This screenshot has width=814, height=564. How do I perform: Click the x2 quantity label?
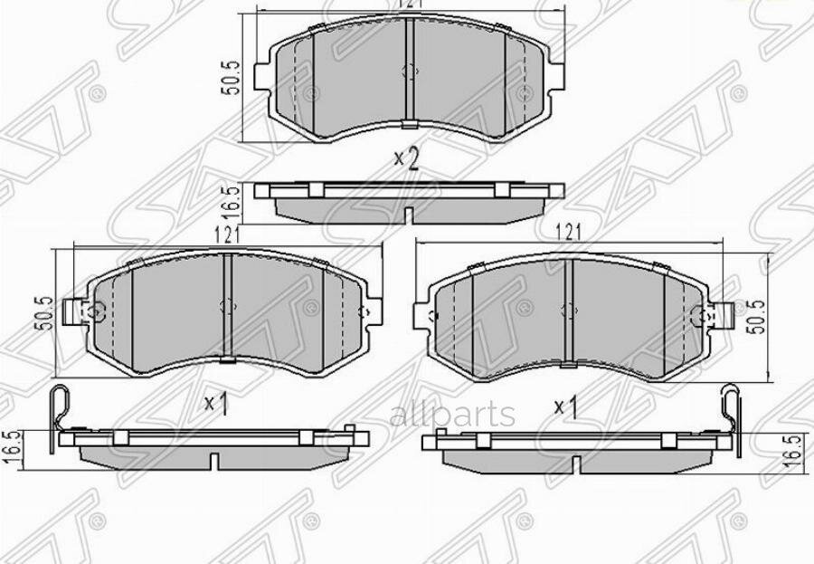tap(407, 159)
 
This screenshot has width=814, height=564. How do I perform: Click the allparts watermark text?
tap(451, 416)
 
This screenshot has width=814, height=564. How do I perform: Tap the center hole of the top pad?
tap(410, 72)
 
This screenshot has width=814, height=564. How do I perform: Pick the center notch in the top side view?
tap(410, 215)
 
